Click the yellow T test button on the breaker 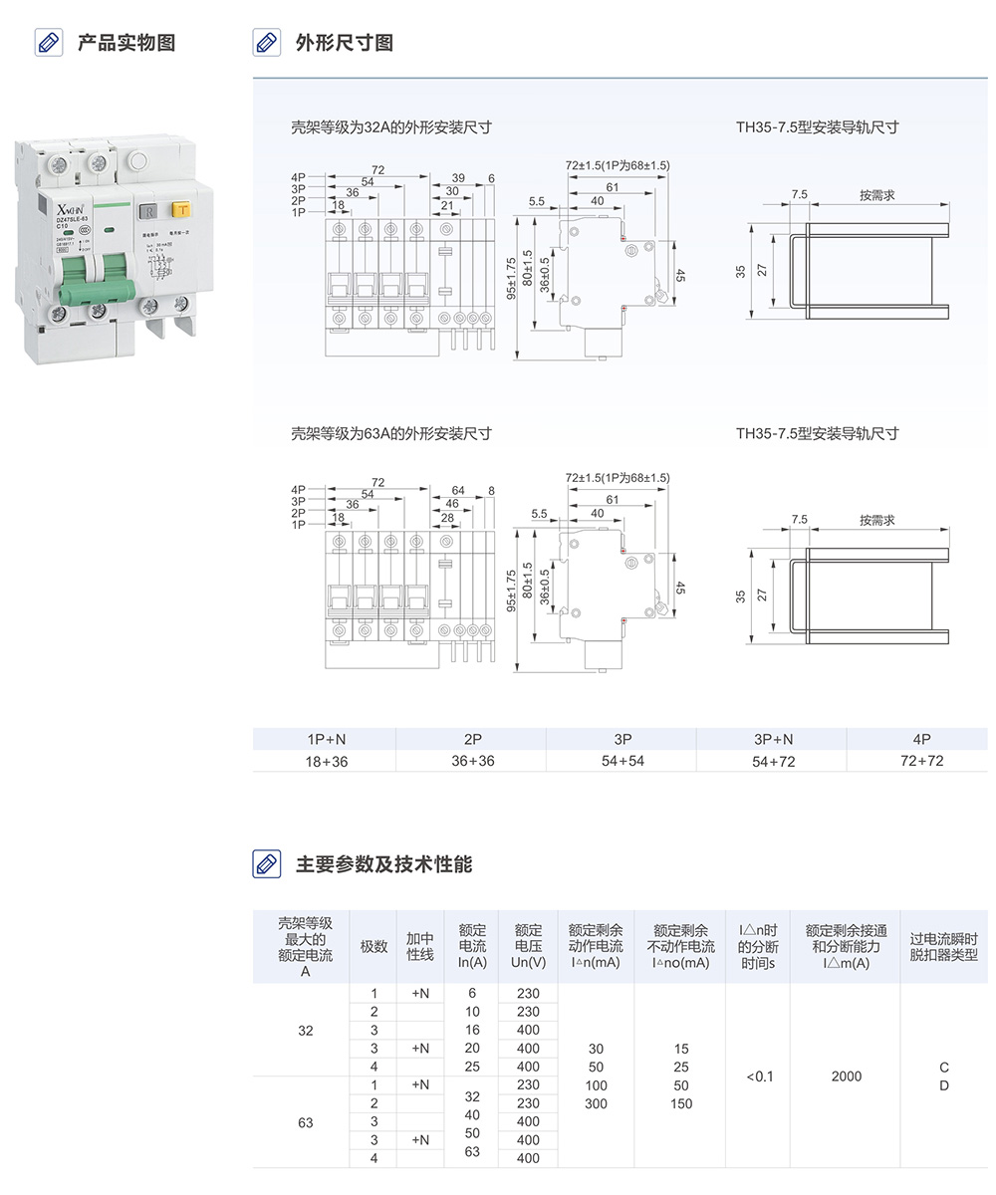coord(182,209)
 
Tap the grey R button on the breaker coord(146,210)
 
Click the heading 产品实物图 coord(126,43)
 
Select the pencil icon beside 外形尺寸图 coord(266,43)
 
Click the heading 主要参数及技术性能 coord(383,863)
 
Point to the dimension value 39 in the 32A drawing coord(458,178)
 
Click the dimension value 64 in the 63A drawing coord(458,491)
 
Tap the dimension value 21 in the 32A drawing coord(447,206)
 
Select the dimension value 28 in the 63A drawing coord(447,518)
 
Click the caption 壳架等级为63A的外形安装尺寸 coord(390,433)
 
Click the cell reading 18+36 coord(327,761)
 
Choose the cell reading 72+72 coord(921,761)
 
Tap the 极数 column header coord(373,946)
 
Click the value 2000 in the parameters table coord(846,1076)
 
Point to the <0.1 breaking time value coord(758,1076)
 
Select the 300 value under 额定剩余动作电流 coord(596,1103)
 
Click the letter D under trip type coord(944,1085)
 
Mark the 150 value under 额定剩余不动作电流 coord(680,1103)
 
